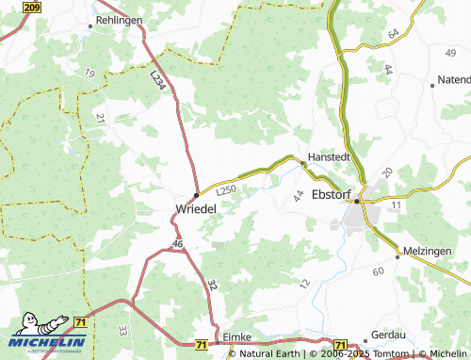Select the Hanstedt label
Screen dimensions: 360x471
tap(329, 158)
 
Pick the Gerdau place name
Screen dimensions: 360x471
tap(388, 335)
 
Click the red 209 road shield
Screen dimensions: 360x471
tap(31, 8)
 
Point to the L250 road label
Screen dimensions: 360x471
tap(226, 189)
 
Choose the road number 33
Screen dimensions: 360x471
tap(123, 331)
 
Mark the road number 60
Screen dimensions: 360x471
tap(379, 271)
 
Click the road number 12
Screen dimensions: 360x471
tap(303, 283)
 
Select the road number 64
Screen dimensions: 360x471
tap(393, 34)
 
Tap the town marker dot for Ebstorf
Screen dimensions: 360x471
tap(357, 200)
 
